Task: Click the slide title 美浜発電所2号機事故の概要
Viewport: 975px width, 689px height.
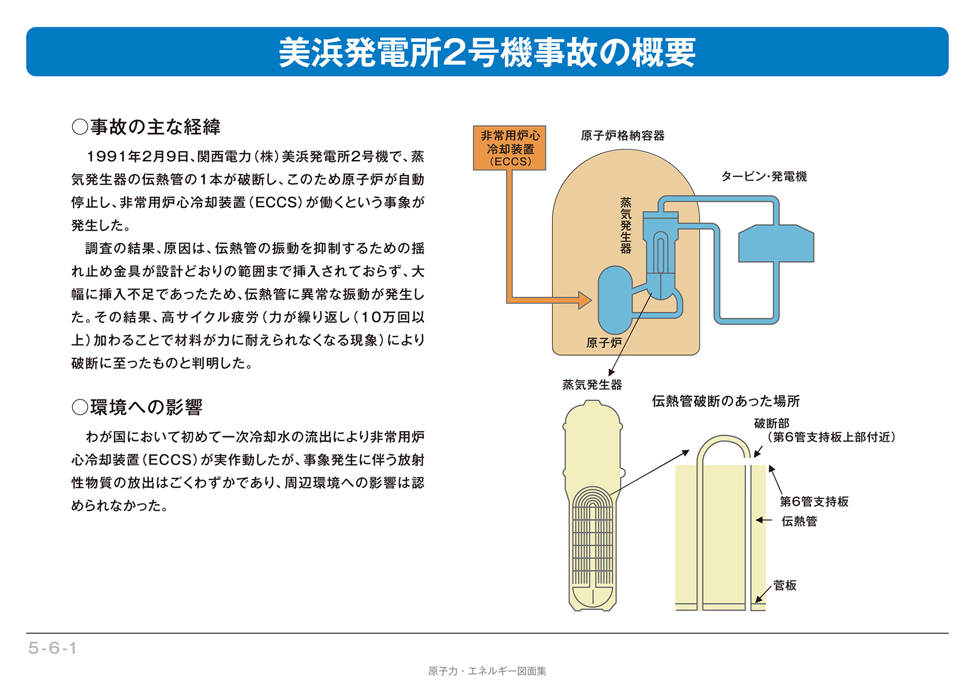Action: pyautogui.click(x=487, y=52)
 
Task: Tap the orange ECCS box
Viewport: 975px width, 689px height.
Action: pyautogui.click(x=510, y=148)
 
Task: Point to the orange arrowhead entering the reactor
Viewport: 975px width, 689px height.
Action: pyautogui.click(x=585, y=300)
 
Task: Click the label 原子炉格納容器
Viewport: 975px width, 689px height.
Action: pyautogui.click(x=622, y=136)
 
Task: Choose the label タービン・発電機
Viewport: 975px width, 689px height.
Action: pyautogui.click(x=764, y=177)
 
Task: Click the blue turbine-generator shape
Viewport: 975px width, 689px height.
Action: pyautogui.click(x=776, y=243)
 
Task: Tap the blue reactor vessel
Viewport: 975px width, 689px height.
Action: pyautogui.click(x=614, y=300)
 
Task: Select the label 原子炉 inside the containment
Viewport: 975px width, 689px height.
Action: pyautogui.click(x=604, y=343)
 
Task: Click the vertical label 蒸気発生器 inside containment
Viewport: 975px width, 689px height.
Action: pyautogui.click(x=626, y=226)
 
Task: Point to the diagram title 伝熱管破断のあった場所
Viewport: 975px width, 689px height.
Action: pyautogui.click(x=725, y=401)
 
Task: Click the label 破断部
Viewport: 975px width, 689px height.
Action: pyautogui.click(x=772, y=423)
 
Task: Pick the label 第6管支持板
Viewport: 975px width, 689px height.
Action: pyautogui.click(x=814, y=502)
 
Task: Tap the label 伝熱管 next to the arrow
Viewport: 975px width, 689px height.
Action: pyautogui.click(x=799, y=521)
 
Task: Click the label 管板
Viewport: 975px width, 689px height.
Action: pyautogui.click(x=784, y=586)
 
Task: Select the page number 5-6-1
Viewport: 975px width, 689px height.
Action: pyautogui.click(x=52, y=648)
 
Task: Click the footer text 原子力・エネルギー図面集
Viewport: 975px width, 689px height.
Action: pyautogui.click(x=487, y=671)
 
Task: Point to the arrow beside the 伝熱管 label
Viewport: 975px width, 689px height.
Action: pyautogui.click(x=764, y=521)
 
